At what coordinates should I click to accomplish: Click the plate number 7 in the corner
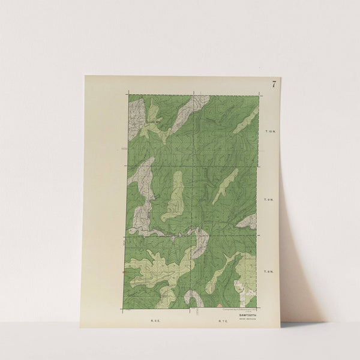click(274, 85)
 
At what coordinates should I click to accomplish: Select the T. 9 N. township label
click(268, 200)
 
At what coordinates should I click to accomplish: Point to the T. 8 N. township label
click(268, 272)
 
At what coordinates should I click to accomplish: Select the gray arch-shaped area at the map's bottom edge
click(193, 299)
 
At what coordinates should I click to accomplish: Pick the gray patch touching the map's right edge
click(248, 221)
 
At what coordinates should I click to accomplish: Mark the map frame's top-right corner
click(259, 94)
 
